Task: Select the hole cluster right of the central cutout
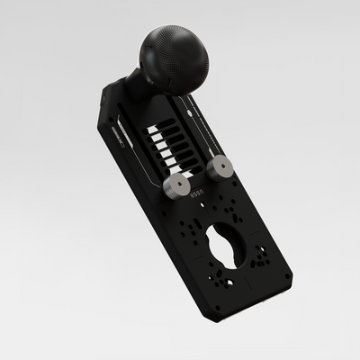[261, 257]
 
